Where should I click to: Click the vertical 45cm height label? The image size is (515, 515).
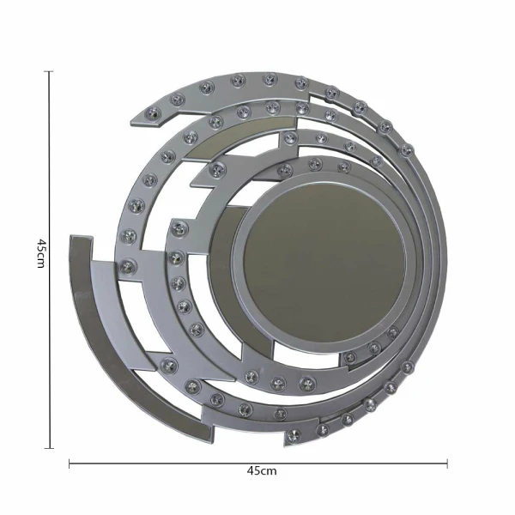tap(39, 253)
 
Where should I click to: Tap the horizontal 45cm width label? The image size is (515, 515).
tap(262, 471)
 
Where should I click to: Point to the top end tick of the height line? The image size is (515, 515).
tap(49, 71)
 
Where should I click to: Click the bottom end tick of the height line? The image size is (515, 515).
tap(49, 448)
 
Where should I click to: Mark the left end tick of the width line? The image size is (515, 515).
tap(70, 463)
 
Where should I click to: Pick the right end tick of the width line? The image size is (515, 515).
tap(447, 463)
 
